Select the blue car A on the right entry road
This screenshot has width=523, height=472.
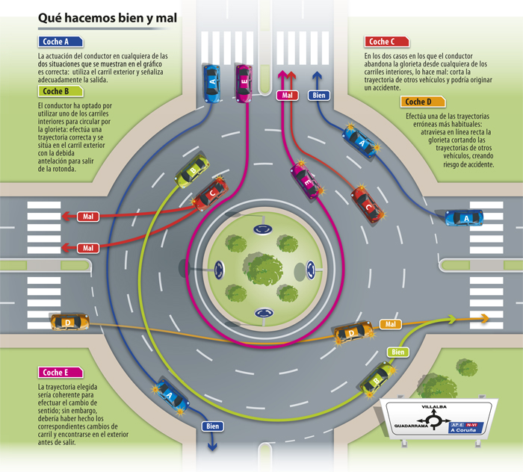[x=464, y=217]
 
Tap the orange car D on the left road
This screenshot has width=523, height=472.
[x=69, y=322]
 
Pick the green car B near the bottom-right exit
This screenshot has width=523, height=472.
[x=377, y=378]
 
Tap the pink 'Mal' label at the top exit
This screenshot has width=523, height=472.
[x=287, y=95]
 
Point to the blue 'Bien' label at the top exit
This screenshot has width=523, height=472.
[x=319, y=95]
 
